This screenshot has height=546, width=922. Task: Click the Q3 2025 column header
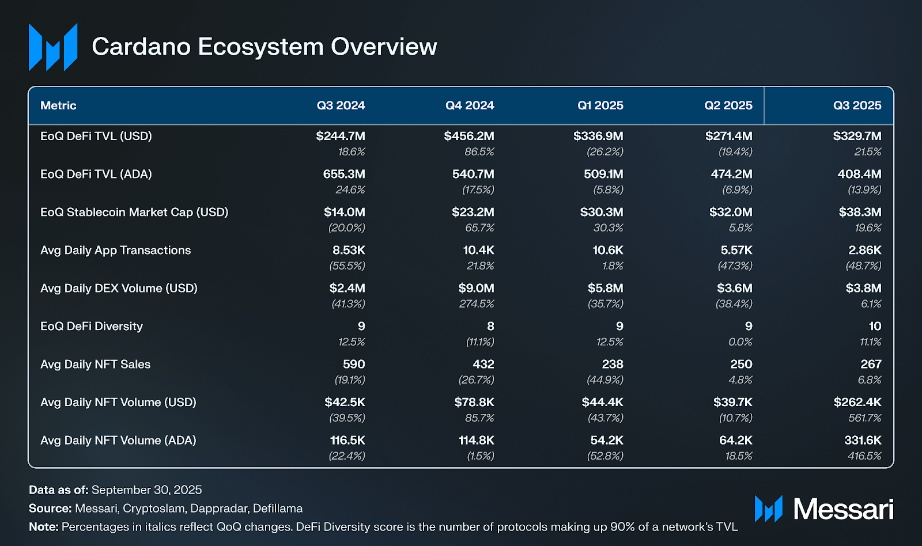tap(857, 105)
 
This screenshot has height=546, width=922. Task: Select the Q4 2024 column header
tap(470, 105)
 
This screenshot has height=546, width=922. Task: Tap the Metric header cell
tap(58, 105)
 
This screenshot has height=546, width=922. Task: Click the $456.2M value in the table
tap(468, 136)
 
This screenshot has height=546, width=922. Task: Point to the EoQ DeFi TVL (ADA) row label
tap(96, 174)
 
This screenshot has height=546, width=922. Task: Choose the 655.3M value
tap(344, 174)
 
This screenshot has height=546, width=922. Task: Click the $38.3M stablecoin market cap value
tap(860, 212)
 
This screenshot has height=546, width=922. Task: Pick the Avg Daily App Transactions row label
tap(115, 250)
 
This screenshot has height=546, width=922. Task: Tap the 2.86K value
tap(864, 250)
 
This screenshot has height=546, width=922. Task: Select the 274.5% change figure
tap(477, 304)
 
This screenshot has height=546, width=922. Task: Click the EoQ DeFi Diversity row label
tap(92, 326)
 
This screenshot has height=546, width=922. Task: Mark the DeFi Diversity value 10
tap(875, 326)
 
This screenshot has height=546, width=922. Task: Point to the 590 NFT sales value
tap(354, 364)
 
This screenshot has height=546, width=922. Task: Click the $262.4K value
tap(857, 402)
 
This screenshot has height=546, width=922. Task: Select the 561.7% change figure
tap(864, 418)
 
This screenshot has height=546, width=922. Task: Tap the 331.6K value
tap(863, 440)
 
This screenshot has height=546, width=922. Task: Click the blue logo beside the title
tap(53, 47)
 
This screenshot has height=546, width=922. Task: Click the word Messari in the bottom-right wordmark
tap(843, 509)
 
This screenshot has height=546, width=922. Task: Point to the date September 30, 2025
tap(146, 490)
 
